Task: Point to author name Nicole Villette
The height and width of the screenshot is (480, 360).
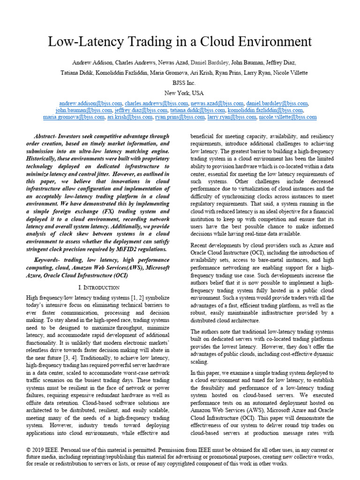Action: tap(291, 73)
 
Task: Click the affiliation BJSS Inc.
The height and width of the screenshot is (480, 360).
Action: tap(180, 83)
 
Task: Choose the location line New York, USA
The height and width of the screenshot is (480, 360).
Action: tap(180, 93)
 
